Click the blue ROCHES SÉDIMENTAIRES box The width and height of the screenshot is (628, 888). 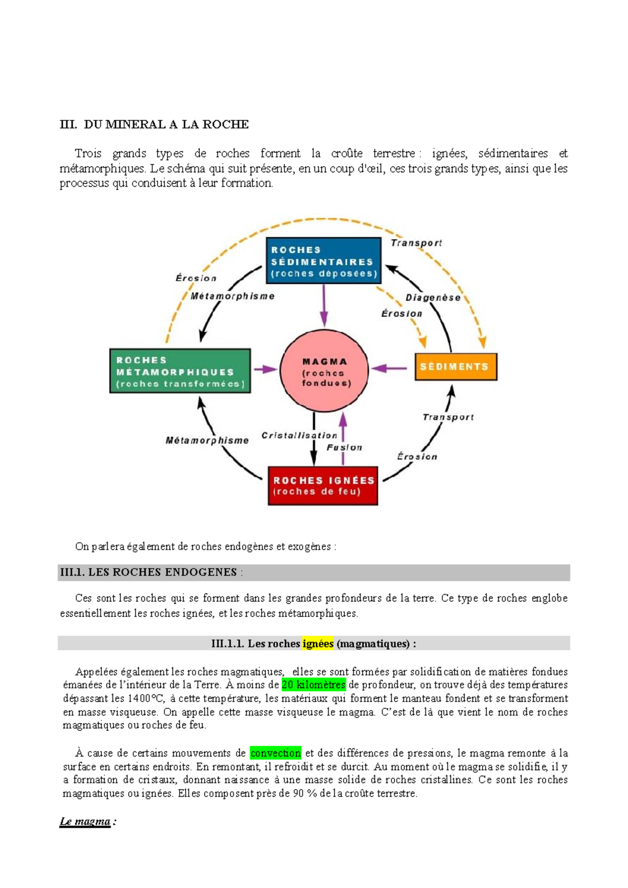pos(323,261)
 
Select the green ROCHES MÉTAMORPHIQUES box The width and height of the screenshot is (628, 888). pos(180,371)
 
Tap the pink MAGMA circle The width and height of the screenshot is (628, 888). pos(324,371)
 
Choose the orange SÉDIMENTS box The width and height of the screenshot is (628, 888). pos(455,367)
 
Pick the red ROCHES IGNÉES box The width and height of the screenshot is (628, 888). pos(323,485)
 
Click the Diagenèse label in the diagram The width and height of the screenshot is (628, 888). pos(433,297)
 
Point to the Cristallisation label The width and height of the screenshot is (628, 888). pos(299,435)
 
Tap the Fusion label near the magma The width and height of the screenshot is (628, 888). pos(344,447)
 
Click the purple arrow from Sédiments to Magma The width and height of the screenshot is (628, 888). pos(389,368)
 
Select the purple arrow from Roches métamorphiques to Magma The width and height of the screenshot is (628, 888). pos(266,369)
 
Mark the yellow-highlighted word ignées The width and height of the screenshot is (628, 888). pos(318,643)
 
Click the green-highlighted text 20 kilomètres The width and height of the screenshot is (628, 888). pos(313,685)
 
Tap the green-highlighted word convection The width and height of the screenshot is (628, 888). pos(275,753)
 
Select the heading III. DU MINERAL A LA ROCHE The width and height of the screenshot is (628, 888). pos(154,125)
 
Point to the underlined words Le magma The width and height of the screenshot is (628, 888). pos(85,821)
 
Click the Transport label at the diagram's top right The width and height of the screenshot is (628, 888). pos(416,243)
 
